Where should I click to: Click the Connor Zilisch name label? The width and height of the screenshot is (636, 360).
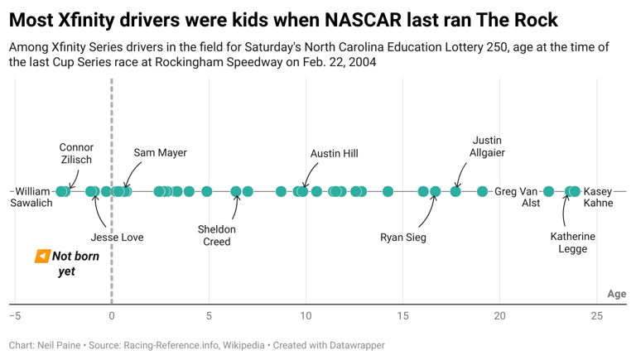coord(76,154)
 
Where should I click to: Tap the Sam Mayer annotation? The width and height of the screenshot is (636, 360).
coord(160,153)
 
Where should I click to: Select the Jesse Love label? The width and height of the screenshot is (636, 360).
coord(117,238)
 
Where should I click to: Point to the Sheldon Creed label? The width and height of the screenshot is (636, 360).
coord(217,236)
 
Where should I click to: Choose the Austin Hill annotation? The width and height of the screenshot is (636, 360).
coord(334,154)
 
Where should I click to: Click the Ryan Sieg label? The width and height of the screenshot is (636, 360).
coord(403,238)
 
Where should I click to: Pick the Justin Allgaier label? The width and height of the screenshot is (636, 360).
coord(487,146)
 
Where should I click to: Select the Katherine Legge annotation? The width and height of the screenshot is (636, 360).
coord(572,242)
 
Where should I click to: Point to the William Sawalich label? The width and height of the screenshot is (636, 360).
coord(32,197)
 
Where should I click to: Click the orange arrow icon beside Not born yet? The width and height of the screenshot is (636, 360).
coord(42,257)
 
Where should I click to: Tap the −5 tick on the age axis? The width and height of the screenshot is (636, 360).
coord(14,316)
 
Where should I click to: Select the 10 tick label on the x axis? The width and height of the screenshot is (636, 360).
coord(306,316)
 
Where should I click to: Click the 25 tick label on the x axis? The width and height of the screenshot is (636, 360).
coord(597,316)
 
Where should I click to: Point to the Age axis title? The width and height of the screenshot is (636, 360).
coord(617,294)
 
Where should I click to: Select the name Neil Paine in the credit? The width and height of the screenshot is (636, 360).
coord(59,345)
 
